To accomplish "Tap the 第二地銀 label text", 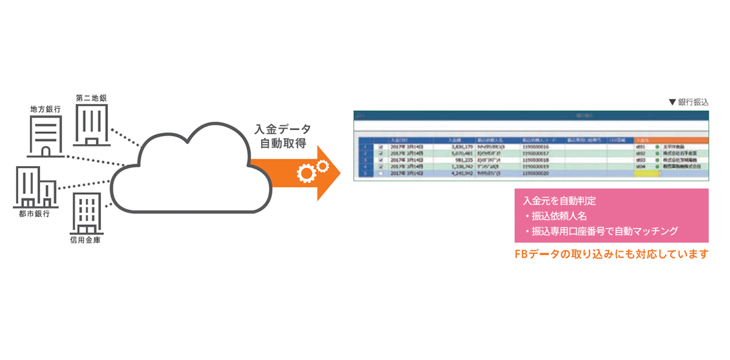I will (91, 97).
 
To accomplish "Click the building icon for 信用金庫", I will (86, 213).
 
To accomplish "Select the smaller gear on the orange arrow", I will (322, 165).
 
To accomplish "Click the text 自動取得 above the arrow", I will (283, 144).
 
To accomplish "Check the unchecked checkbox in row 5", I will (381, 173).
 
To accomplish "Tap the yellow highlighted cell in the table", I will (645, 173).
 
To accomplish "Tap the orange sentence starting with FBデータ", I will (611, 254).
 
